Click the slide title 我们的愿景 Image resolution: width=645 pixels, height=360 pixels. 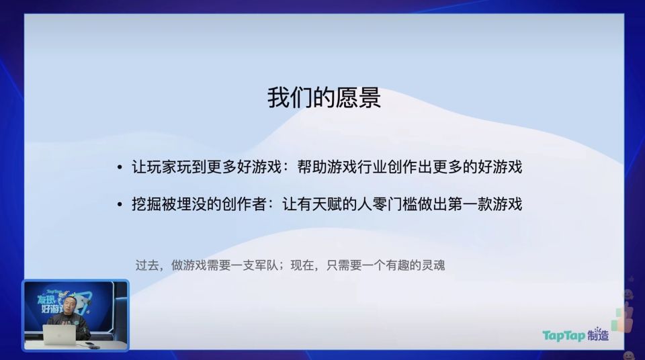(x=324, y=98)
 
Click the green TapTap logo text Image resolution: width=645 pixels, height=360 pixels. (x=564, y=335)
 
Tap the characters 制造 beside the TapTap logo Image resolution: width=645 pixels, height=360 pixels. (x=598, y=334)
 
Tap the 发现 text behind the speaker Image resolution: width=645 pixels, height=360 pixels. (x=50, y=298)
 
